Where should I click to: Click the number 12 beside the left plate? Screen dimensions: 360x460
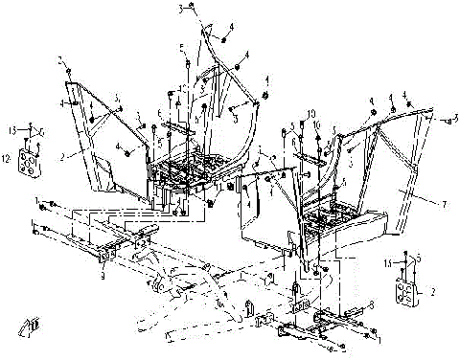6,153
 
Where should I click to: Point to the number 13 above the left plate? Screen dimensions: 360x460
14,126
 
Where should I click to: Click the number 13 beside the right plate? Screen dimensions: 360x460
387,260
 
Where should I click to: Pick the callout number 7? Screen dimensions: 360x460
415,204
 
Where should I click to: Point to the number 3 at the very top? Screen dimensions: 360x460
179,8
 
